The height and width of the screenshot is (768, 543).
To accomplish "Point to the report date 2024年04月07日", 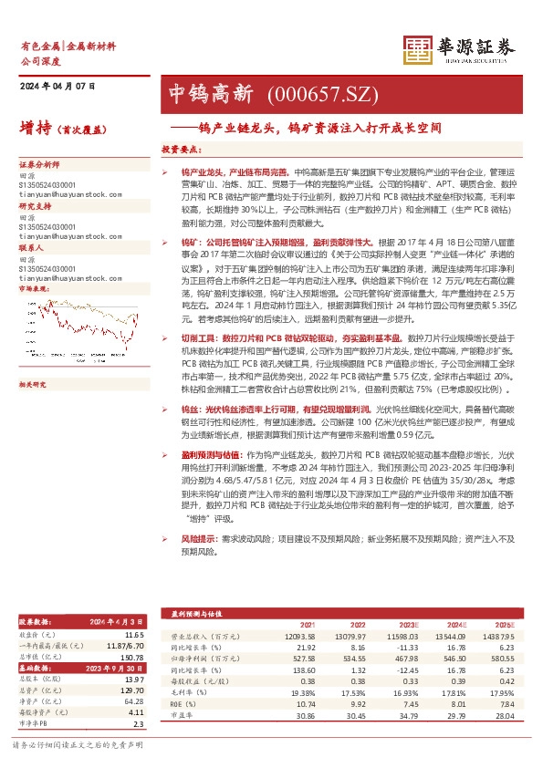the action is (x=57, y=87).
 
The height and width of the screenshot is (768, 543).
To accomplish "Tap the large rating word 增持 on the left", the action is (x=34, y=129).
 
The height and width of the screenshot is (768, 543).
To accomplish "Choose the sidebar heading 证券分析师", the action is (x=38, y=164).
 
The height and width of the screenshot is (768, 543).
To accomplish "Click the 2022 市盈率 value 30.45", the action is (x=355, y=716).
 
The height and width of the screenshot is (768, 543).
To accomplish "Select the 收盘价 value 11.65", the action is (x=134, y=634).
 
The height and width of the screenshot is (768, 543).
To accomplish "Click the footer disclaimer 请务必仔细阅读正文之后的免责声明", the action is (x=77, y=745).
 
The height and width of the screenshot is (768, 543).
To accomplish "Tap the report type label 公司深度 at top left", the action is (x=37, y=57).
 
